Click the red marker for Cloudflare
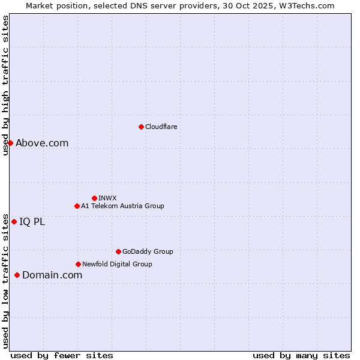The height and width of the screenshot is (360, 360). [141, 127]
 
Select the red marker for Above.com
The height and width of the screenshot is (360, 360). [10, 143]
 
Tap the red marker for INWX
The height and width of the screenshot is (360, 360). [94, 198]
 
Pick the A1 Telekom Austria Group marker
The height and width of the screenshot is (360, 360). [77, 206]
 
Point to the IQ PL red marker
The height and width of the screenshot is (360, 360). [14, 221]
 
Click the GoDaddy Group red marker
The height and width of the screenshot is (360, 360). [118, 251]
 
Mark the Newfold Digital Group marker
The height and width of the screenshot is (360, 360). [78, 264]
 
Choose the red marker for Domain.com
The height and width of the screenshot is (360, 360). [17, 275]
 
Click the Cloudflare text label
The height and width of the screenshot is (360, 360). [161, 127]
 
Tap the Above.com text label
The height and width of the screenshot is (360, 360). [42, 143]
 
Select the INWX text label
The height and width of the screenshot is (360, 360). [107, 198]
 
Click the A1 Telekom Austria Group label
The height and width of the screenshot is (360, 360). [122, 206]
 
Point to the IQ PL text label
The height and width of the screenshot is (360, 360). [32, 221]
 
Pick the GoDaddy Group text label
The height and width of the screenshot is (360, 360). [148, 251]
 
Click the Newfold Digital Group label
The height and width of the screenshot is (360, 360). [117, 264]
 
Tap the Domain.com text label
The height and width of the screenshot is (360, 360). [52, 275]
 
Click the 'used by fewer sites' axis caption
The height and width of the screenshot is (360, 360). [62, 356]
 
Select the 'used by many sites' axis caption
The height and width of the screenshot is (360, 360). [301, 356]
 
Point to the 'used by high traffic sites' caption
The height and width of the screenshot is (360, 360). [5, 85]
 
